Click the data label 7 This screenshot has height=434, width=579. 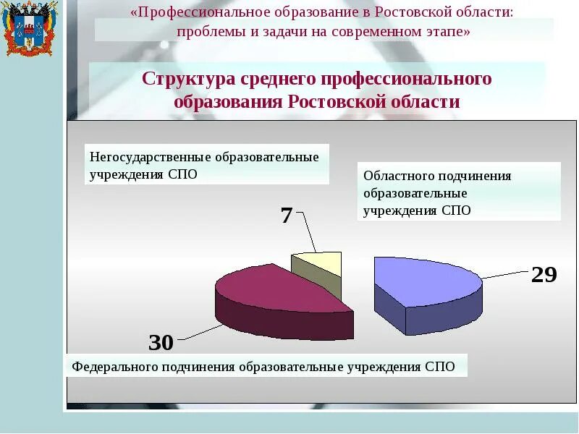[287, 216]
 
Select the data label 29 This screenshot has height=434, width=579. [544, 275]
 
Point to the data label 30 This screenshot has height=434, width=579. [161, 343]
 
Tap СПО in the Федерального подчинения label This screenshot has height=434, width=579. [440, 367]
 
